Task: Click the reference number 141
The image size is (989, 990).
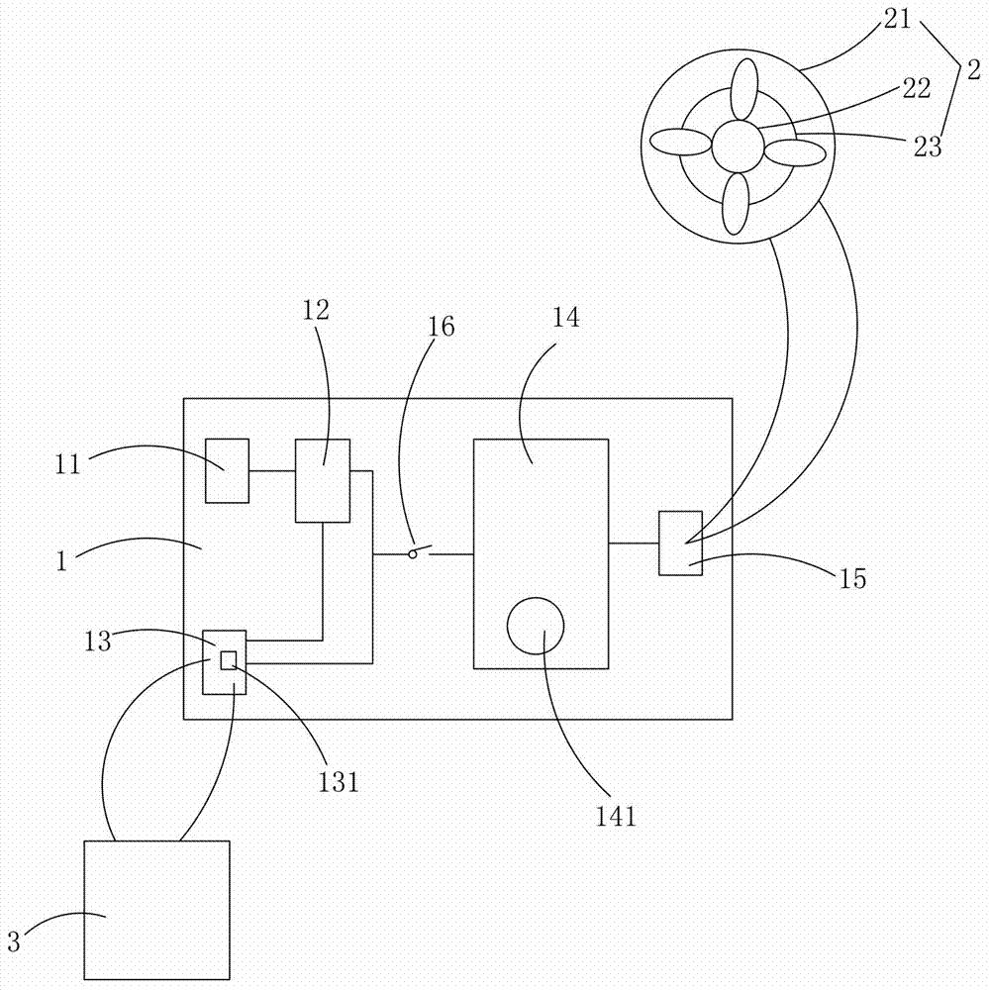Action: coord(616,816)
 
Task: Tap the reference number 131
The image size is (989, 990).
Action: coord(338,782)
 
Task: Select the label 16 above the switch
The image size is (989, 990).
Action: coord(441,327)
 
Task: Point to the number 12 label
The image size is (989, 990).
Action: coord(316,310)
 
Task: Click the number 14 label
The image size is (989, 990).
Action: coord(566,318)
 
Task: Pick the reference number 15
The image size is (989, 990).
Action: coord(852,578)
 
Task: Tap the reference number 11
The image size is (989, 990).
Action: coord(67,464)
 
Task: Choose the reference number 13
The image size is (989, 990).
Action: coord(98,642)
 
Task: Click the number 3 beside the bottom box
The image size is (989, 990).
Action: coord(14,942)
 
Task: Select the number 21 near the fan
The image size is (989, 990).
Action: coord(897,19)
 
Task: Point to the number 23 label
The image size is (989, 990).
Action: coord(928,148)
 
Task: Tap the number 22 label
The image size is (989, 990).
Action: coord(917,88)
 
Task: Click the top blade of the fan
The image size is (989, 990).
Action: coord(743,89)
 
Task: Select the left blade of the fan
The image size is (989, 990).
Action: coord(681,142)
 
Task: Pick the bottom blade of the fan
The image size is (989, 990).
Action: coord(736,204)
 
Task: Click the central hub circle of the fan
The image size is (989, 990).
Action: coord(738,147)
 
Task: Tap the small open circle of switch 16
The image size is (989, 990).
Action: coord(413,554)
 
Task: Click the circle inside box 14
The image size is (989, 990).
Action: coord(536,627)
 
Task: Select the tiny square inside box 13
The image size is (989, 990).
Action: coord(229,660)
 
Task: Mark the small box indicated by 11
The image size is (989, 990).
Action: coord(228,471)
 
